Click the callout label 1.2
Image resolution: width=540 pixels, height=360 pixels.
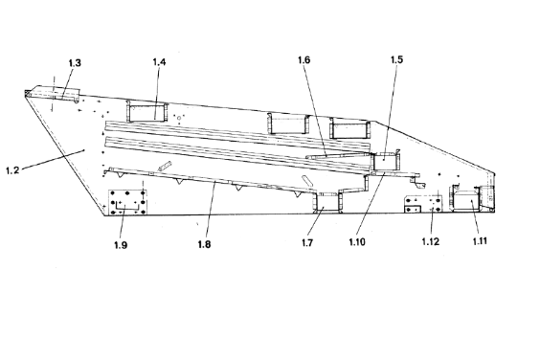[x=12, y=170]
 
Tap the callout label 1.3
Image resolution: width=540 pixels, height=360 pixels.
[x=75, y=63]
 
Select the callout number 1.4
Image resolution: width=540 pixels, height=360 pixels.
[x=159, y=62]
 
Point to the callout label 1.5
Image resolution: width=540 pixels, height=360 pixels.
[x=396, y=59]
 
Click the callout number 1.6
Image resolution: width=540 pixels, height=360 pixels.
[x=304, y=60]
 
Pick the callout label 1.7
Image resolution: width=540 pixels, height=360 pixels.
[x=307, y=243]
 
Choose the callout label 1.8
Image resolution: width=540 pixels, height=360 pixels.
[x=204, y=244]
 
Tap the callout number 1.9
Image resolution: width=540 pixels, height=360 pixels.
[x=121, y=245]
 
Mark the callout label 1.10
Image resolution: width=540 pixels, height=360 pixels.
[x=357, y=242]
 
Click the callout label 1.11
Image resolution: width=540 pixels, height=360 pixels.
[x=480, y=241]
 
